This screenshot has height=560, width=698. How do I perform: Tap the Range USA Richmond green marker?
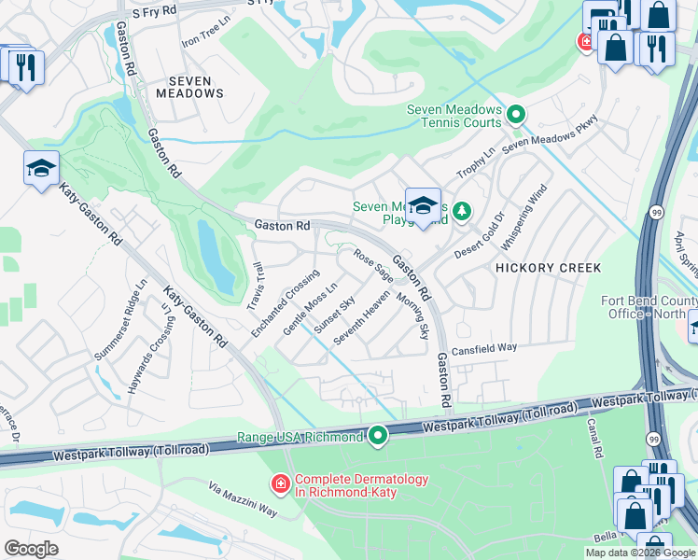coord(378,436)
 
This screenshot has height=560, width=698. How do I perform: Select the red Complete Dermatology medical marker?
coord(279,484)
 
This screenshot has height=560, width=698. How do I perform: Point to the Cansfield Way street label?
coord(483,348)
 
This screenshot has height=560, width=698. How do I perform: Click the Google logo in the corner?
coord(31,549)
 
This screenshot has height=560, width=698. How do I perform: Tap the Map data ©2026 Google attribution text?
coord(639,553)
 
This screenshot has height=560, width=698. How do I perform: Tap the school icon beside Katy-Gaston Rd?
coord(42,169)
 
